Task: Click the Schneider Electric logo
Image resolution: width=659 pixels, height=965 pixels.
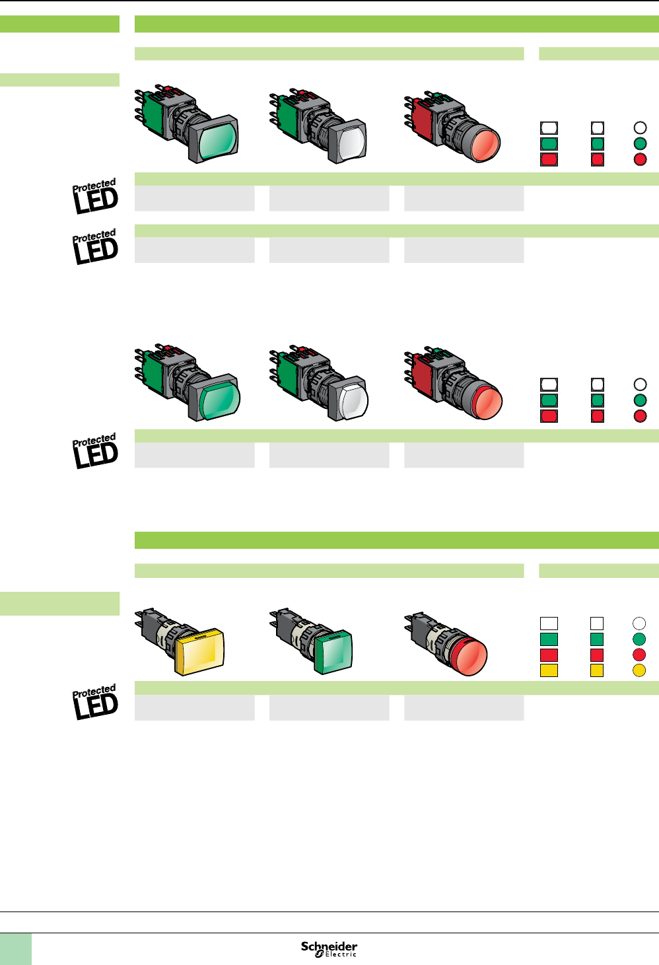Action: [329, 949]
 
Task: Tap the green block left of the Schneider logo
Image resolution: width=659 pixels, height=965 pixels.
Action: [15, 949]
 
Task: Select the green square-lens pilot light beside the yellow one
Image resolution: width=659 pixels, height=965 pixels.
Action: [334, 652]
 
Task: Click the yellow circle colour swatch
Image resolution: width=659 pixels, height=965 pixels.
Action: [639, 670]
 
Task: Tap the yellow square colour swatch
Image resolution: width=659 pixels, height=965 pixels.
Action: [597, 670]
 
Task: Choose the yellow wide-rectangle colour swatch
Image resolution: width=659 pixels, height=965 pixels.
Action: [549, 670]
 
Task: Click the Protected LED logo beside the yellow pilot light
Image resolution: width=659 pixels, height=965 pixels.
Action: [96, 702]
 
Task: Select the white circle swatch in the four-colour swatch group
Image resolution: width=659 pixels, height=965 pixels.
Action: [639, 623]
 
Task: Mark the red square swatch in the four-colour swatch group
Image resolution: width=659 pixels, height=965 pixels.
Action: [597, 655]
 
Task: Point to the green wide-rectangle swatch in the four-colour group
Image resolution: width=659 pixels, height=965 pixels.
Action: [549, 639]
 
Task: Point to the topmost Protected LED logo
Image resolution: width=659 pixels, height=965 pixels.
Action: [96, 196]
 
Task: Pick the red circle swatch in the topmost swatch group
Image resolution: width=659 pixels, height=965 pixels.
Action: [640, 159]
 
